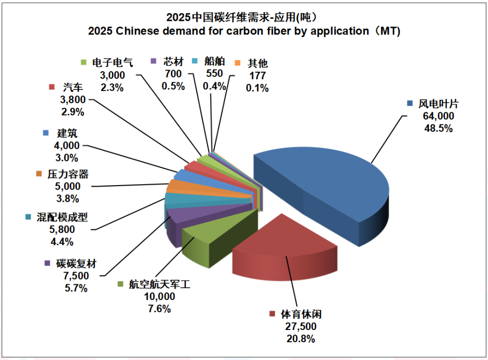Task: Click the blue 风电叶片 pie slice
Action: tap(324, 190)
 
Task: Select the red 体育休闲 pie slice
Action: tap(285, 249)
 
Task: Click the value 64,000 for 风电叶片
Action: tap(438, 116)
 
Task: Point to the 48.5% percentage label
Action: tap(438, 128)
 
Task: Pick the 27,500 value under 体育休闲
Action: tap(300, 326)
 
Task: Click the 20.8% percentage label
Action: tap(300, 339)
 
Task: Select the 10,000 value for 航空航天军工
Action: tap(159, 296)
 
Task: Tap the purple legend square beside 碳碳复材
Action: tap(48, 263)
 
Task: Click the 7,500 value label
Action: tap(76, 276)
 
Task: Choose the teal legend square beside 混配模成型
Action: tap(28, 217)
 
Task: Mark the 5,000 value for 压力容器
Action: tap(68, 186)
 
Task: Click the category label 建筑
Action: tap(67, 133)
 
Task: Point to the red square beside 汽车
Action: tap(52, 87)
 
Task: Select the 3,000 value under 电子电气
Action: tap(112, 75)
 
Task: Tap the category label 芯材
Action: tap(173, 62)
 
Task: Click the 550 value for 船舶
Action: tap(214, 73)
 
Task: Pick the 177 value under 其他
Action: tap(257, 76)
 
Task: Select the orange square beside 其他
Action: tap(238, 63)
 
